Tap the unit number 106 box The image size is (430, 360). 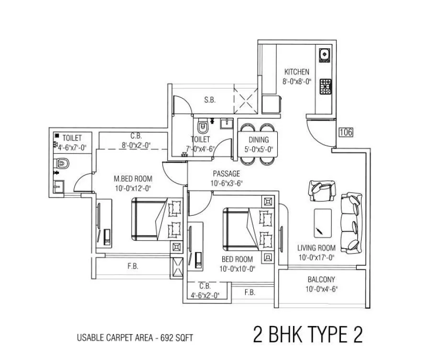[345, 131]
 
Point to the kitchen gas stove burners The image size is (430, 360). [326, 86]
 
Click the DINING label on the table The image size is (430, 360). [259, 139]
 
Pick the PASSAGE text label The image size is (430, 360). [226, 174]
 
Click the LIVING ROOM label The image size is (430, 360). [316, 248]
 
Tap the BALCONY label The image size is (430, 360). [321, 279]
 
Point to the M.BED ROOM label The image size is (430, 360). [132, 179]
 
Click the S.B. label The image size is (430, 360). [210, 100]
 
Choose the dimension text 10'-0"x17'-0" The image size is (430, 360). [316, 257]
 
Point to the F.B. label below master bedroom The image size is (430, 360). [133, 267]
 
